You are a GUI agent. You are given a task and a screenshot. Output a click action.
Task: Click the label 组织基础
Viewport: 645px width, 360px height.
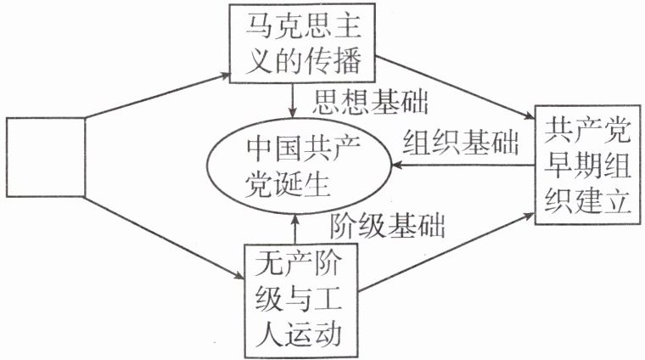click(460, 141)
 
